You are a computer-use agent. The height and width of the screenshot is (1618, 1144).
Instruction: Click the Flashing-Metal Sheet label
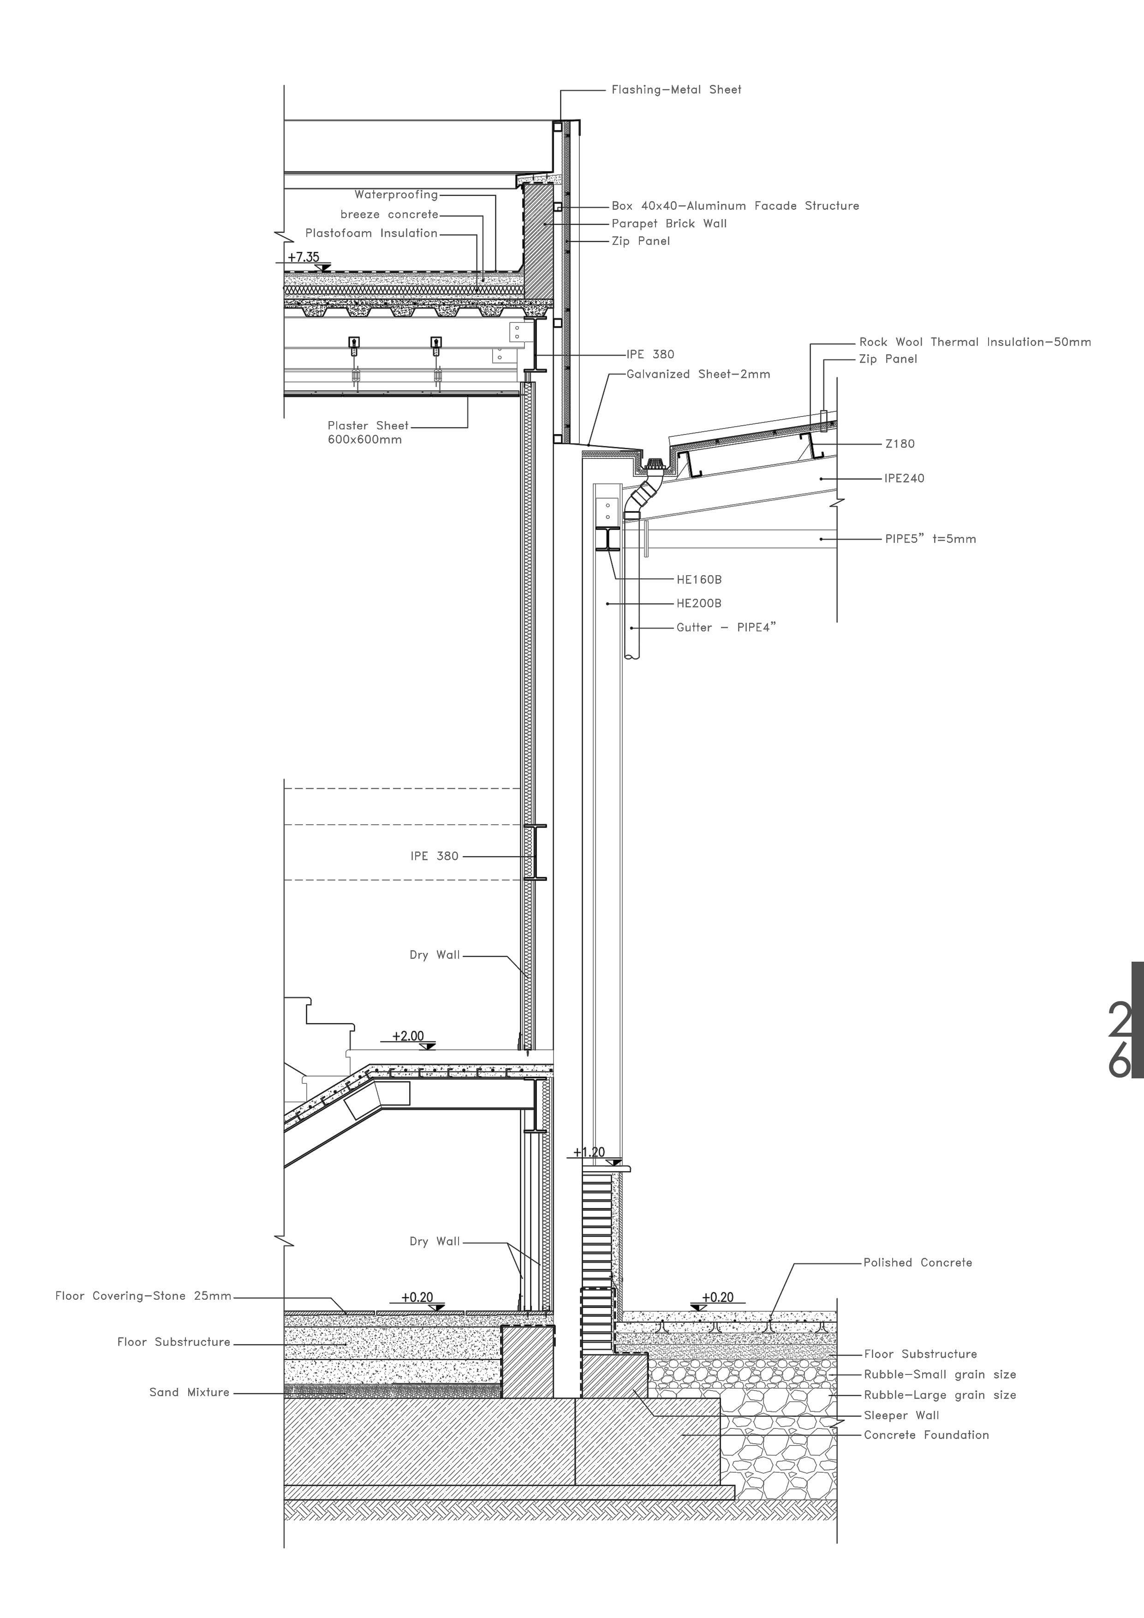(676, 89)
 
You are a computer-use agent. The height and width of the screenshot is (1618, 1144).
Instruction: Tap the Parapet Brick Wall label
(669, 223)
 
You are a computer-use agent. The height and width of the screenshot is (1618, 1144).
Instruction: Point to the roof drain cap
(653, 464)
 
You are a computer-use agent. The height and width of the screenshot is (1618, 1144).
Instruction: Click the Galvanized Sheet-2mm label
(698, 374)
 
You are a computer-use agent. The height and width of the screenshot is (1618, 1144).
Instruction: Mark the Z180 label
(900, 444)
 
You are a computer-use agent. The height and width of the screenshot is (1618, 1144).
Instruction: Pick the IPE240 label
(904, 478)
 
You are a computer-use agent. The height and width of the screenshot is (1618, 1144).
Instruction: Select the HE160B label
(698, 580)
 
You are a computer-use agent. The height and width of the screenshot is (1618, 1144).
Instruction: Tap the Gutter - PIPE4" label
(725, 627)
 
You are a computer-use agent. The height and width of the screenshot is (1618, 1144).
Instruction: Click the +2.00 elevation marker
(409, 1036)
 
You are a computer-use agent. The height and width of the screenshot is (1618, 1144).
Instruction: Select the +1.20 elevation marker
(589, 1152)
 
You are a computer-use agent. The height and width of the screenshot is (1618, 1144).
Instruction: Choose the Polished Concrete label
(917, 1262)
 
